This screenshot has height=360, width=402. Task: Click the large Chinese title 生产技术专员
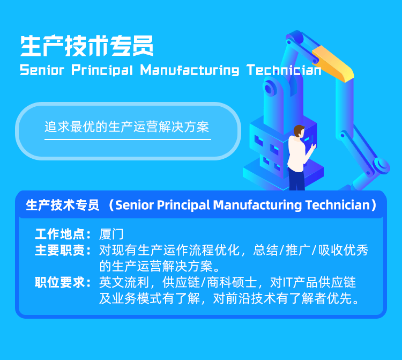87,46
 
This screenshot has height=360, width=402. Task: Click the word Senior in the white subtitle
42,70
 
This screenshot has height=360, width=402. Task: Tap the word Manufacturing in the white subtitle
189,70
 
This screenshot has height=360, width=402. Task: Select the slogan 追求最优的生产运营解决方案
127,127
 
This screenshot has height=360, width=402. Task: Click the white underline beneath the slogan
128,139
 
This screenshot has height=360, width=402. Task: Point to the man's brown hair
298,130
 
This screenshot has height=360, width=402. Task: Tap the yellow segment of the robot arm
333,63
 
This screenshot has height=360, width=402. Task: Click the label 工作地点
60,234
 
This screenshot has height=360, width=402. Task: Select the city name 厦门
111,234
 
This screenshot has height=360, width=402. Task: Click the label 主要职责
60,250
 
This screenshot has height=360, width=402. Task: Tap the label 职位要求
60,283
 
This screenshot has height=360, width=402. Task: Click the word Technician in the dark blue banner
338,205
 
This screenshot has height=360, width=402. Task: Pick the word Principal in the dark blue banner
183,205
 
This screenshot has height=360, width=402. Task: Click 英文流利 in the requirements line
124,283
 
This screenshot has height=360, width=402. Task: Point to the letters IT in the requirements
288,283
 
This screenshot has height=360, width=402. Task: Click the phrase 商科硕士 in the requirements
232,283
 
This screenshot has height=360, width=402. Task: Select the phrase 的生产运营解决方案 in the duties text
156,266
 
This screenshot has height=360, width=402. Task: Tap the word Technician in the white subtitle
284,70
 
